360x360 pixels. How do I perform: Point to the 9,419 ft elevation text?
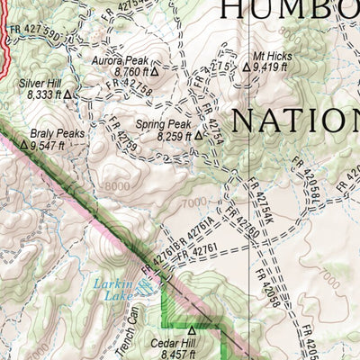tap(270, 66)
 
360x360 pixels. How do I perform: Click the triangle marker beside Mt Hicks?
tap(246, 66)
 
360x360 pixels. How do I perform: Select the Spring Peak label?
tap(161, 125)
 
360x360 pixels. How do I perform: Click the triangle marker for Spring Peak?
tap(197, 138)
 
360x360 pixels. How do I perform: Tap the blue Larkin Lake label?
tap(113, 287)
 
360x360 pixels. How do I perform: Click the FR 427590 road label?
tap(38, 35)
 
